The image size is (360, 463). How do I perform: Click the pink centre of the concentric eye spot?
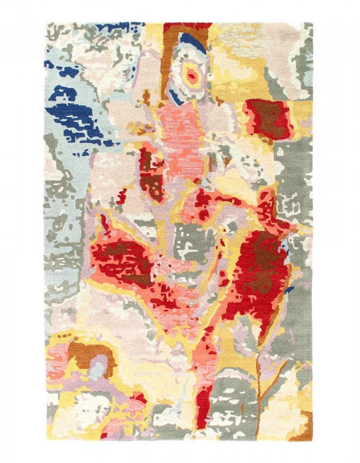pos(192,75)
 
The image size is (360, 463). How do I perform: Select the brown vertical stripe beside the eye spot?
pos(167,63)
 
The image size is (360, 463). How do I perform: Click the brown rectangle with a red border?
pos(268,117)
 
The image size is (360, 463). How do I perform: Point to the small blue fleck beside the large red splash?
pos(289,289)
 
